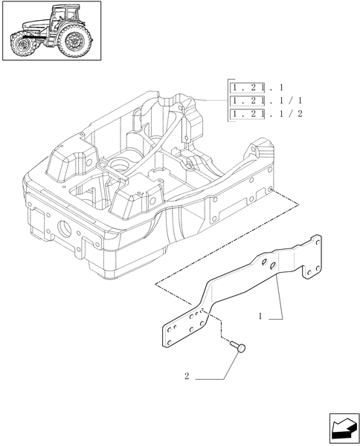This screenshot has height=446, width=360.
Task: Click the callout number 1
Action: pyautogui.click(x=260, y=317)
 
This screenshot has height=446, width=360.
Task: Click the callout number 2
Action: pyautogui.click(x=187, y=378)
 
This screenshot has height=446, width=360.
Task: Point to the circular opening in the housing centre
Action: pyautogui.click(x=118, y=162)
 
